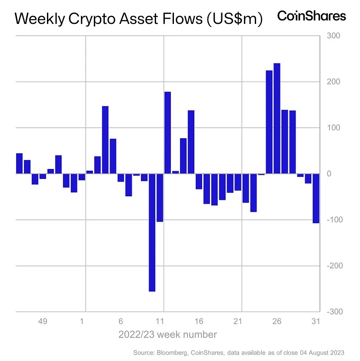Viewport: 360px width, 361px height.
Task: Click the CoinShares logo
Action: pyautogui.click(x=311, y=17)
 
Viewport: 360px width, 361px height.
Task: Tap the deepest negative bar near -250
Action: pyautogui.click(x=152, y=232)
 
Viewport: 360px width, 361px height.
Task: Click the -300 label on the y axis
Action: pyautogui.click(x=333, y=312)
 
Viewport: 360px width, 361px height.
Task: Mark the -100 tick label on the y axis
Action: pyautogui.click(x=333, y=220)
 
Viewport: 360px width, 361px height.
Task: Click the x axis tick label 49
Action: pyautogui.click(x=42, y=322)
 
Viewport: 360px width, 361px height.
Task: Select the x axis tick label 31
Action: pyautogui.click(x=316, y=322)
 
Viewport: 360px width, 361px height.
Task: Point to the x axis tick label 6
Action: pyautogui.click(x=120, y=322)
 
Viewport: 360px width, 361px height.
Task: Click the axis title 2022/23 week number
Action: pyautogui.click(x=167, y=335)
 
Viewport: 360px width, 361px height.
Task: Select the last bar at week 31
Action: pyautogui.click(x=316, y=198)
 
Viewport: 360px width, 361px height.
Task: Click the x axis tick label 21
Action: pyautogui.click(x=238, y=322)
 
